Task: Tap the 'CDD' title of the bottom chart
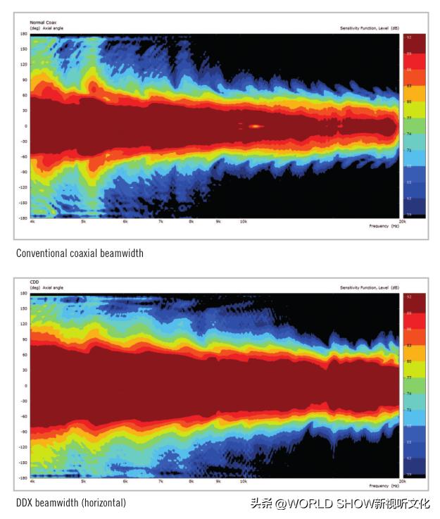(23, 282)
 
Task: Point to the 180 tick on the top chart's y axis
(23, 33)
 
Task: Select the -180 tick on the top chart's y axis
(23, 218)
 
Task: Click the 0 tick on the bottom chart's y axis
(25, 386)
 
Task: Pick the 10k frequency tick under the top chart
(243, 222)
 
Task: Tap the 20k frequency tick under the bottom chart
(401, 482)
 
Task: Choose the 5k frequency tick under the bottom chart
(83, 482)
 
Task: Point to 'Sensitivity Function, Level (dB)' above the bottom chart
(369, 288)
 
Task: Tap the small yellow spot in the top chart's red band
(255, 126)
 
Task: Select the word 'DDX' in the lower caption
(26, 503)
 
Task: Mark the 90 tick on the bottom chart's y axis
(24, 339)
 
